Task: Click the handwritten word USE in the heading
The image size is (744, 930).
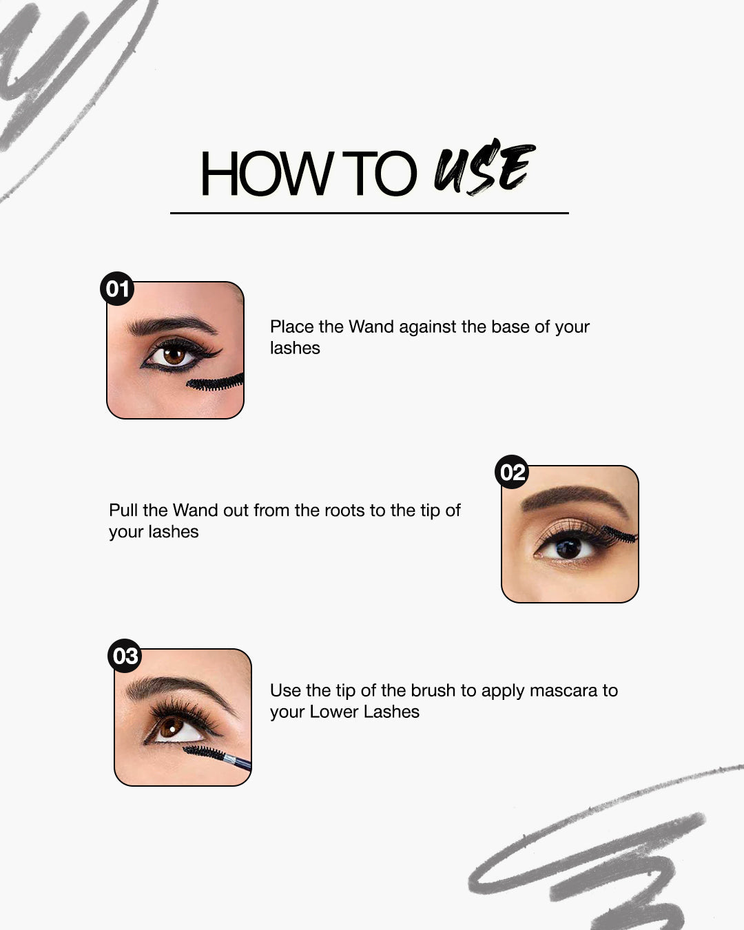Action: coord(484,169)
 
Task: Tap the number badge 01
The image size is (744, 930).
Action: coord(117,288)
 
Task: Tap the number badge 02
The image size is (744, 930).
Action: coord(512,473)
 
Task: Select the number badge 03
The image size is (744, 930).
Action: coord(125,656)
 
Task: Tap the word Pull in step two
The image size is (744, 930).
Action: coord(123,510)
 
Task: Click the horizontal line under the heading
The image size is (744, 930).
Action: coord(369,214)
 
